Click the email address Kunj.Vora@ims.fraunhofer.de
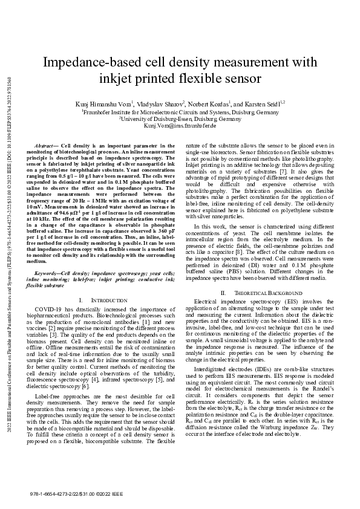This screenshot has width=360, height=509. pyautogui.click(x=180, y=126)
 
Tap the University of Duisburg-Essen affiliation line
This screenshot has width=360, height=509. pyautogui.click(x=180, y=119)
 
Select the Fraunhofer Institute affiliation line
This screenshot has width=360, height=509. pyautogui.click(x=180, y=112)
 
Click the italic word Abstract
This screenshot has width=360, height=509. pyautogui.click(x=45, y=146)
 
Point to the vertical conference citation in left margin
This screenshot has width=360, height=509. pyautogui.click(x=7, y=242)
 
